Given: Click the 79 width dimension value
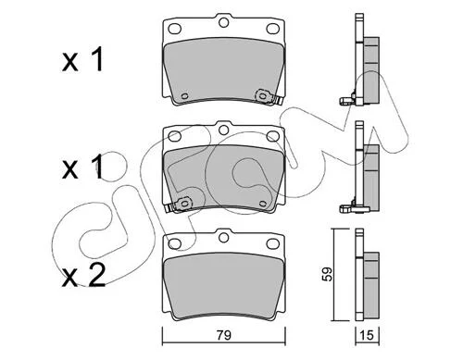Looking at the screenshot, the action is tap(224, 335).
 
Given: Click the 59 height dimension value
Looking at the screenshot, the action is tap(328, 274).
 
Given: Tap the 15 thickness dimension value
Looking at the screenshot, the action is tap(368, 335).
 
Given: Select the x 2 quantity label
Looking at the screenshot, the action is tap(83, 276).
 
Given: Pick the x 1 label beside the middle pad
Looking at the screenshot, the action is tap(82, 167).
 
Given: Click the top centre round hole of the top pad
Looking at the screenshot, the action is tap(223, 22).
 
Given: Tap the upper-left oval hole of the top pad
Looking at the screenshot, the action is tap(174, 29).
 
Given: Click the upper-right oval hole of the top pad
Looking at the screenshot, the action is tap(273, 29).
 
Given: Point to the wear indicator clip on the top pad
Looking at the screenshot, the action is tap(268, 98).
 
